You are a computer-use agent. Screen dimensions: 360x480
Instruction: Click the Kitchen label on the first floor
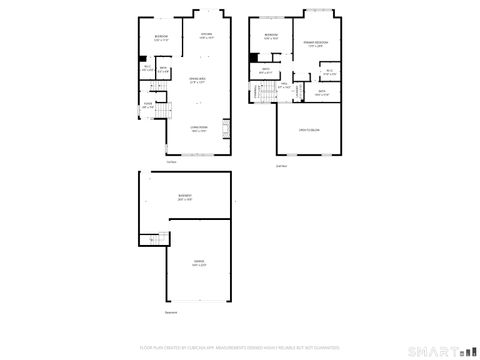[205, 37]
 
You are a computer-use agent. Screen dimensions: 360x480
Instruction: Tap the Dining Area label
[198, 79]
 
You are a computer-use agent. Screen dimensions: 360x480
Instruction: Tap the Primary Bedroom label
[316, 44]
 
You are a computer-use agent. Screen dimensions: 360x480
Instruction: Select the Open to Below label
[308, 131]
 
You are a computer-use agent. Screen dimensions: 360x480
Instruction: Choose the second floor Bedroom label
[271, 37]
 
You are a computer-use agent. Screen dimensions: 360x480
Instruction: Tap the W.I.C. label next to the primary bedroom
[329, 72]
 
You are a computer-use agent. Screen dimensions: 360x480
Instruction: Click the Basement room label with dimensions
[184, 197]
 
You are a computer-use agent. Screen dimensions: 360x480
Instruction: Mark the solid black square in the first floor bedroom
[142, 57]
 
